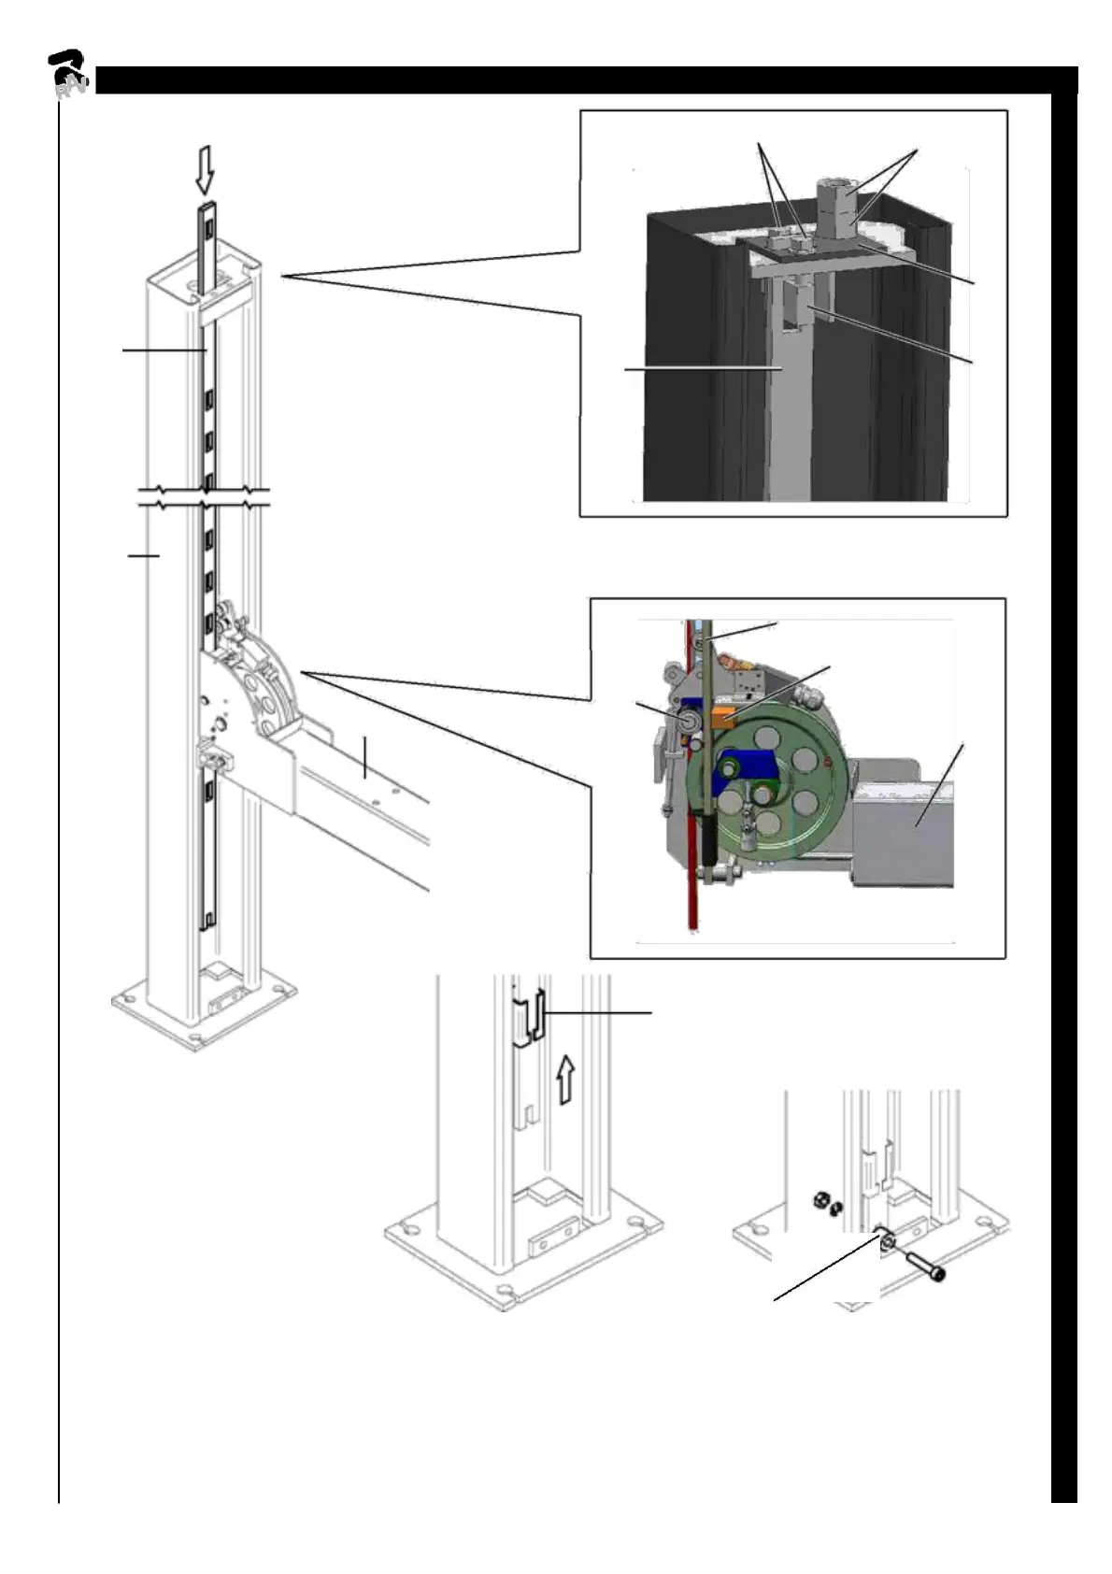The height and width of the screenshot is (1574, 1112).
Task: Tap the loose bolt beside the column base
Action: coord(924,1264)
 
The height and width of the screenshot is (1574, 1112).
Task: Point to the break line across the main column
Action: coord(204,497)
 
